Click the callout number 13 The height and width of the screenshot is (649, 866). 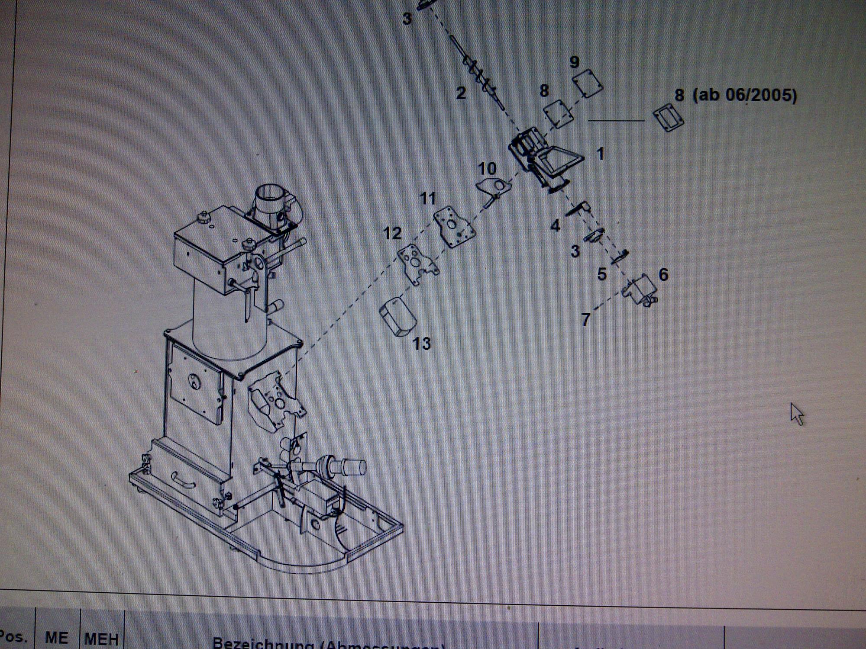(x=422, y=344)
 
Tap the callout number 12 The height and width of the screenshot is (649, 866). (x=392, y=234)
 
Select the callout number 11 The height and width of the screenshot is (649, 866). (x=428, y=199)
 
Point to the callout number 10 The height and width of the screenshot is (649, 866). (x=487, y=169)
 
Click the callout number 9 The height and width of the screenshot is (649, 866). (x=574, y=62)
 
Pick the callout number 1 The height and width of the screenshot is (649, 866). (x=600, y=154)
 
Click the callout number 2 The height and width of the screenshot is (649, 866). (x=461, y=93)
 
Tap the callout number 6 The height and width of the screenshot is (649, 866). (x=663, y=274)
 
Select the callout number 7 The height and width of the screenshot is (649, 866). (x=585, y=320)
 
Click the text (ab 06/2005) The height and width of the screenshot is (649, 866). (x=745, y=95)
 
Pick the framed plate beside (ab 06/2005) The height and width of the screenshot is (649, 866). (x=668, y=117)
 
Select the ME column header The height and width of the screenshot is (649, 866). (x=56, y=638)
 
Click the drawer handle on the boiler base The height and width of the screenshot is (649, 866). (x=184, y=480)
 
